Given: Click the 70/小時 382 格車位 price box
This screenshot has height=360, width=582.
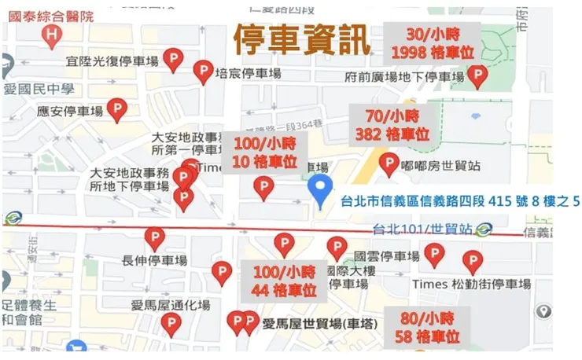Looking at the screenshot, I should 392,125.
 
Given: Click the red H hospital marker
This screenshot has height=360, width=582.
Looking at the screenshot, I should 52,35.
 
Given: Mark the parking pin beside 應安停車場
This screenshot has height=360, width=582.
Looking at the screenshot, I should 117,108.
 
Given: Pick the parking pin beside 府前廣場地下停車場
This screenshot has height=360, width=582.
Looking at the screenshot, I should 477,75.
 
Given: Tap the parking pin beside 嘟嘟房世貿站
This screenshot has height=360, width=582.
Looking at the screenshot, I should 389,163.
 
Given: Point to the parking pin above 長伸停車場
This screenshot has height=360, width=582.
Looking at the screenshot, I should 155,238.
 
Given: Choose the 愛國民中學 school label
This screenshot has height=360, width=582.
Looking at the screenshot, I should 39,89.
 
